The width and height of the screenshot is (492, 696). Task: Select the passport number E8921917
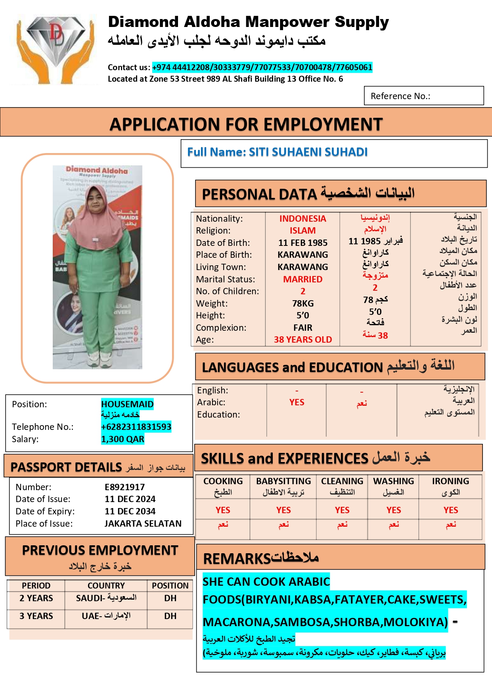point(124,487)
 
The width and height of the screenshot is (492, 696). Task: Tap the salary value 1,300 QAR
point(123,439)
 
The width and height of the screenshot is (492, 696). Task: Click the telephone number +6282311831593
point(136,427)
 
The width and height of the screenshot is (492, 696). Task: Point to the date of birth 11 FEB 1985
point(302,243)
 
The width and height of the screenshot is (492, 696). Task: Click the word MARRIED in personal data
point(302,279)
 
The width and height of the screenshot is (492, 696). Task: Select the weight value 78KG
point(302,303)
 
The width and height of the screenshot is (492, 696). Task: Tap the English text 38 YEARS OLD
point(302,339)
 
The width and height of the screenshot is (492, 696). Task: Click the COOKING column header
point(223,481)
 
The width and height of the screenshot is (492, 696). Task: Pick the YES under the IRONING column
point(450,510)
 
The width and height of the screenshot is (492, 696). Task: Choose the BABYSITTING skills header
point(283,481)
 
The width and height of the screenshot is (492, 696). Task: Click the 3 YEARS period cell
point(36,616)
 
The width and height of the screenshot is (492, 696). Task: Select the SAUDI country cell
point(106,598)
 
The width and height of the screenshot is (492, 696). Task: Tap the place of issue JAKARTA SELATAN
point(143,523)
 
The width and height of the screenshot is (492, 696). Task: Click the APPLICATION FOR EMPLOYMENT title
point(246,124)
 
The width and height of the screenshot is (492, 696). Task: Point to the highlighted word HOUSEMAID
point(127,404)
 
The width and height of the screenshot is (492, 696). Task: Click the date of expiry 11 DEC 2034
point(130,511)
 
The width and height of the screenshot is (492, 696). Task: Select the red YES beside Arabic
point(297,402)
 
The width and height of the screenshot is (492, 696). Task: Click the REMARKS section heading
point(260,558)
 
